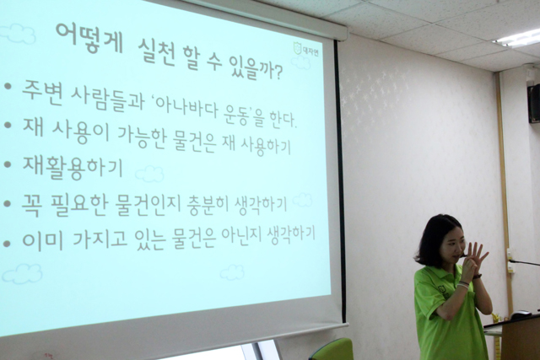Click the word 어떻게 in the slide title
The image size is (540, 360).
(89, 39)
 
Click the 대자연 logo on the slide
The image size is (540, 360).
(305, 49)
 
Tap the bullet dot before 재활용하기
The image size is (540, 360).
(8, 164)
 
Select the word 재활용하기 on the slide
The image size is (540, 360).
(73, 167)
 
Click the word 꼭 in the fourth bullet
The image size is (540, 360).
(32, 205)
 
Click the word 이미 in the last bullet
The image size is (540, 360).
(43, 240)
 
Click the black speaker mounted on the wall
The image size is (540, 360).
(534, 103)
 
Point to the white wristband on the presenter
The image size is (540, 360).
(463, 284)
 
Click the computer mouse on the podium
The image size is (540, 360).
(520, 314)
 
